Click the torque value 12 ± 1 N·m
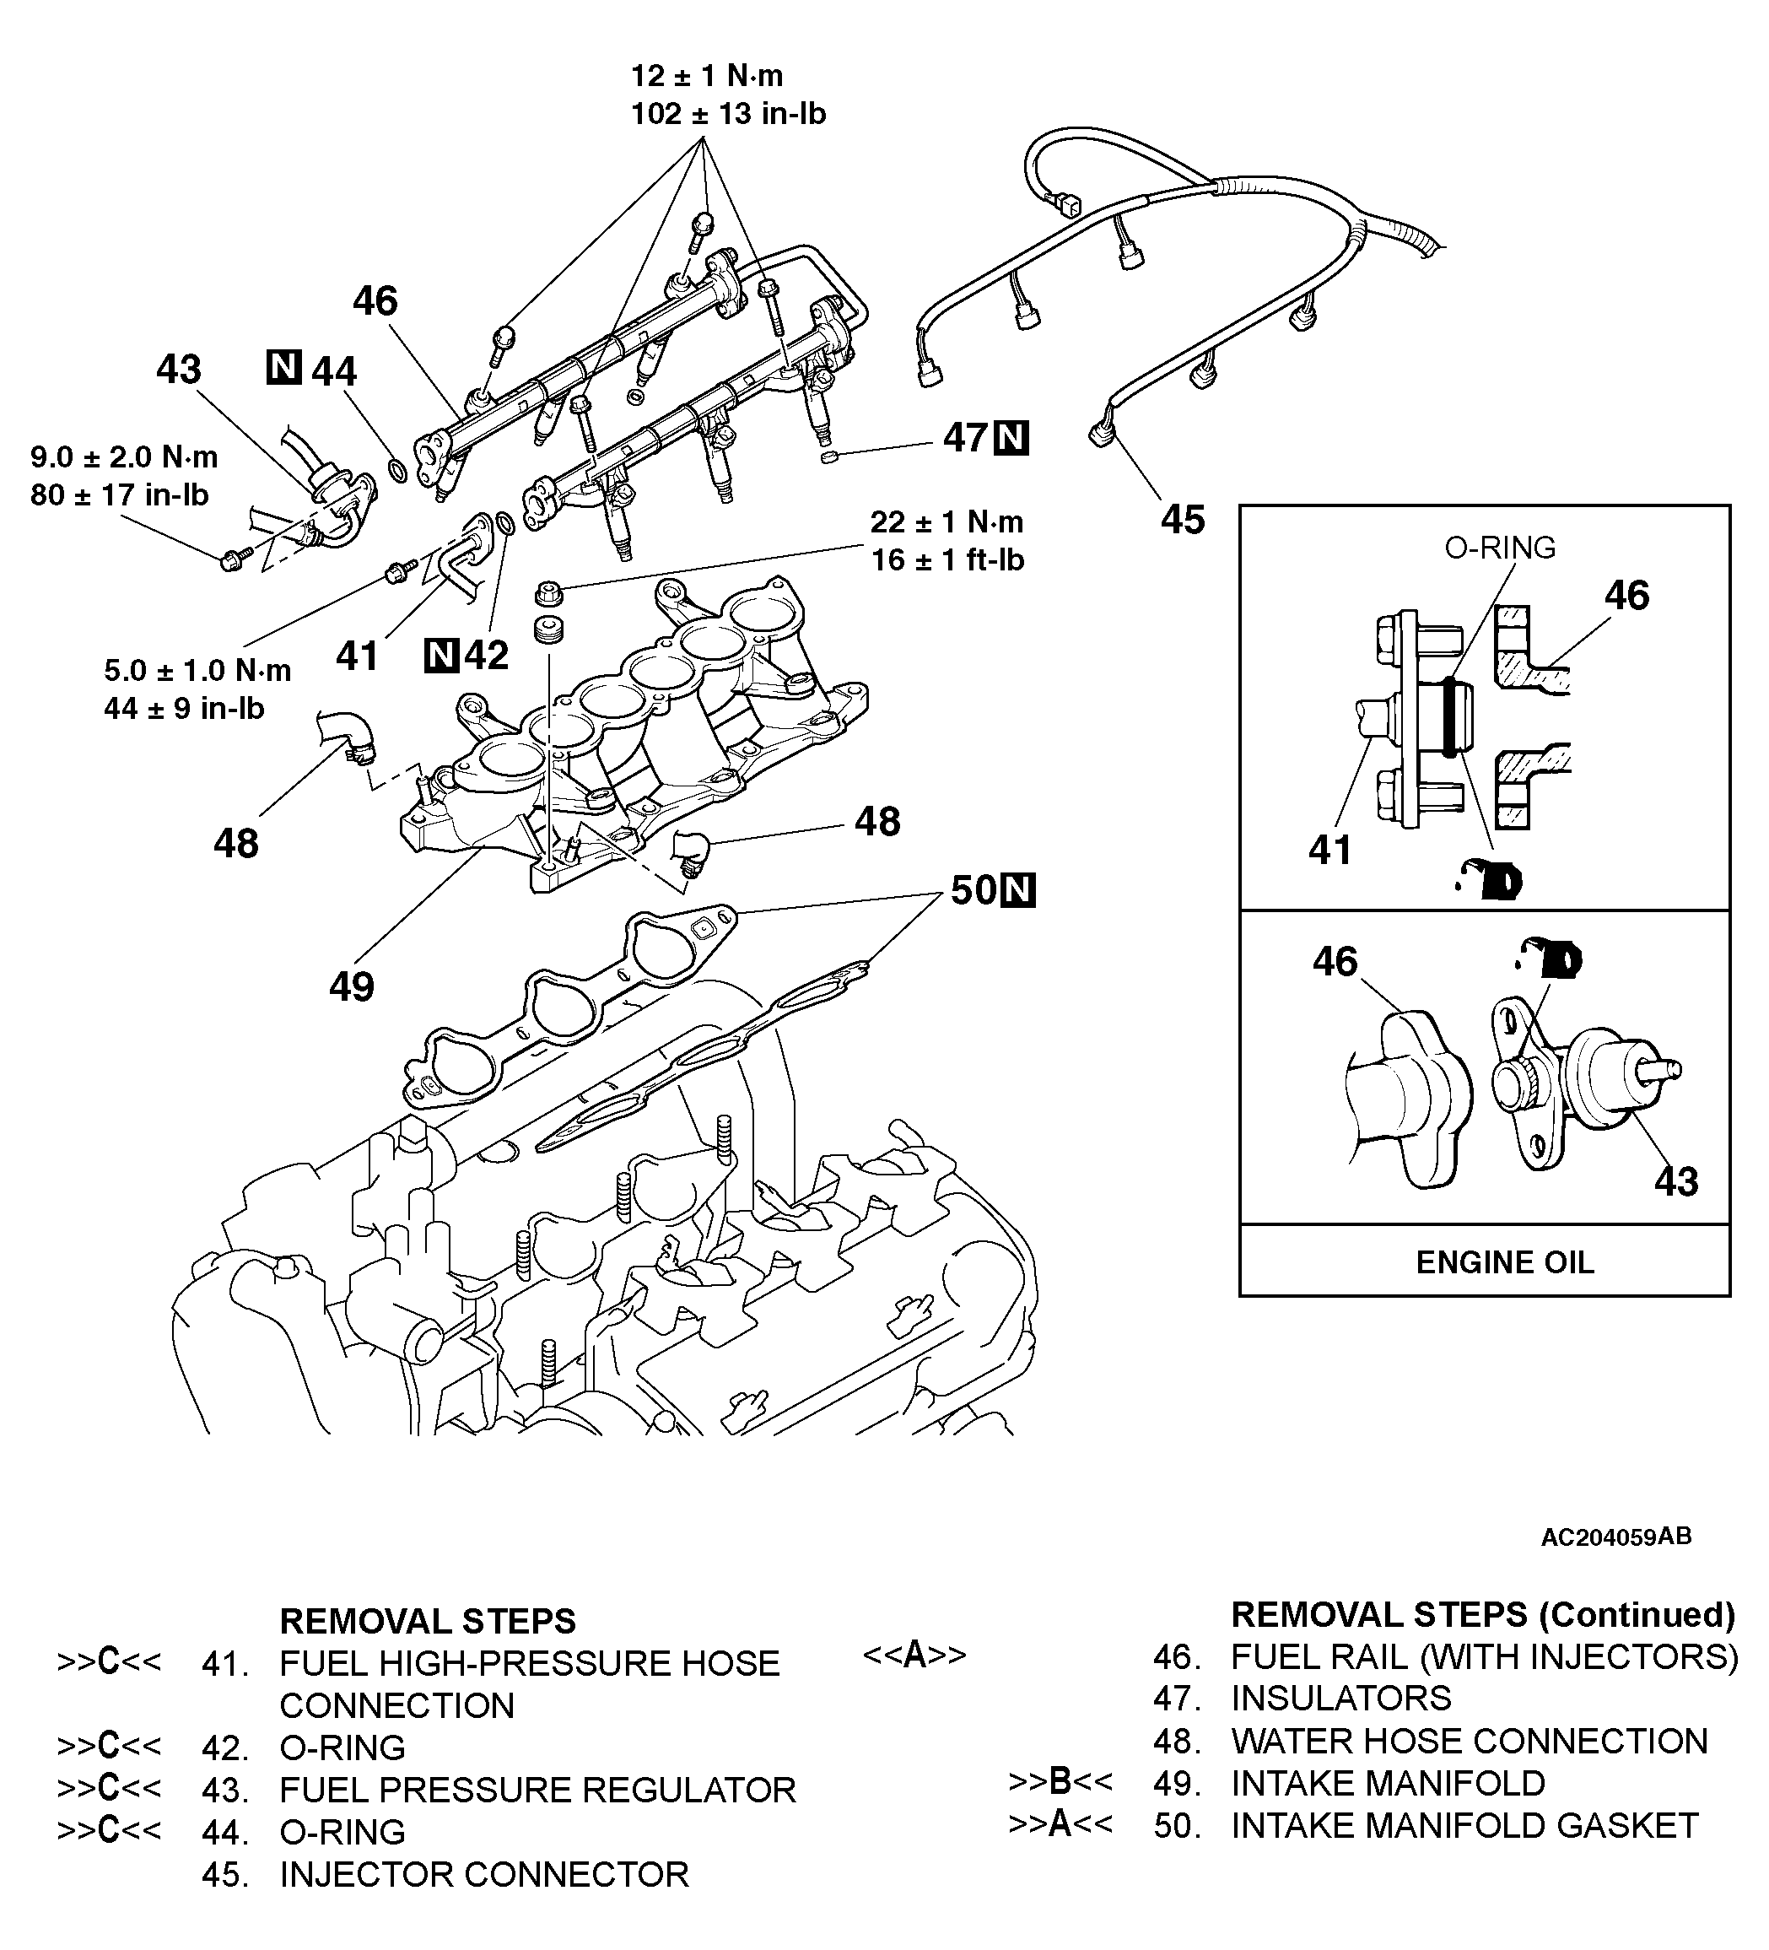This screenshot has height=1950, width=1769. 707,75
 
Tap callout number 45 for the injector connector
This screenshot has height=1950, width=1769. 1183,521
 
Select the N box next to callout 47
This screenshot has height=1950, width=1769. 1011,438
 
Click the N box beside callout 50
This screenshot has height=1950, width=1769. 1017,891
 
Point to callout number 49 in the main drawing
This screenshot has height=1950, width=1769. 351,986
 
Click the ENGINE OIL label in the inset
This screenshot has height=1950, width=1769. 1504,1262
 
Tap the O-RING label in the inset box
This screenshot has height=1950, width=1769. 1500,548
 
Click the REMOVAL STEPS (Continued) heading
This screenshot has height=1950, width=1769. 1483,1614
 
